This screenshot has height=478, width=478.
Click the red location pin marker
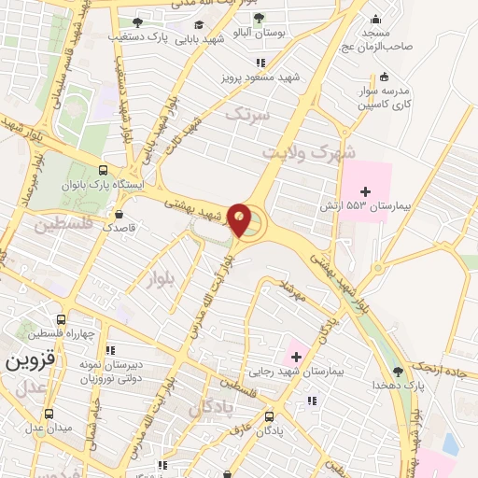tap(241, 219)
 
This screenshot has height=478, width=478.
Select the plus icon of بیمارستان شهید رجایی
tap(298, 355)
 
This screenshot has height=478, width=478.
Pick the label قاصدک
tap(119, 227)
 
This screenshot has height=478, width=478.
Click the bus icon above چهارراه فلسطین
tap(62, 319)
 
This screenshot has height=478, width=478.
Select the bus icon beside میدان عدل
tap(49, 414)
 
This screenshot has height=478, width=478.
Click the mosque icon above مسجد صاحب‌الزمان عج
tap(376, 20)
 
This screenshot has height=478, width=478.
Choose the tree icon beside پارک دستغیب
tap(137, 21)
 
